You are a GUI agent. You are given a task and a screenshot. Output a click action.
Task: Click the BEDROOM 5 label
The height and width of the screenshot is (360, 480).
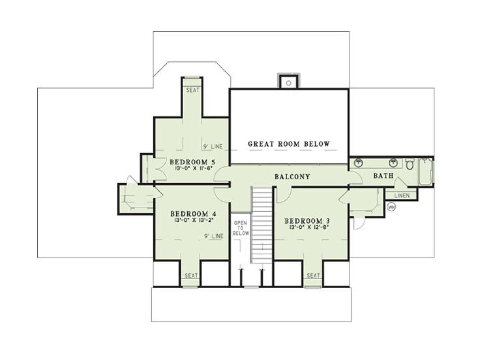(x=192, y=162)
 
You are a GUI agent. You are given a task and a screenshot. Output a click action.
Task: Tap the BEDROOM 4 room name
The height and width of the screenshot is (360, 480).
(x=193, y=214)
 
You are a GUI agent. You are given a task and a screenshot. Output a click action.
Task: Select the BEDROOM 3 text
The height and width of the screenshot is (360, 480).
(x=307, y=221)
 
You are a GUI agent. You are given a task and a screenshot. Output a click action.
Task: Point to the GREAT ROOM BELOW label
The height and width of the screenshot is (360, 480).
(x=289, y=144)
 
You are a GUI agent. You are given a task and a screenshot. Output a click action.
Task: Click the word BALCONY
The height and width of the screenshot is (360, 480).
(x=292, y=177)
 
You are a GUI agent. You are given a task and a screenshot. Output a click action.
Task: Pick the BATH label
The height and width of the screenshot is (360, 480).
(x=383, y=175)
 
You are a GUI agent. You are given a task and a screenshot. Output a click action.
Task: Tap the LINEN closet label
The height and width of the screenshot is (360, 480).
(x=402, y=195)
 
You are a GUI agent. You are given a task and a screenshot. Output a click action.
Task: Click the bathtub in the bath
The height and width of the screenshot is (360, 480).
(x=426, y=172)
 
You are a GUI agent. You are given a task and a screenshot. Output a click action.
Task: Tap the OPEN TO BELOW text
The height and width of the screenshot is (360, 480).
(x=241, y=228)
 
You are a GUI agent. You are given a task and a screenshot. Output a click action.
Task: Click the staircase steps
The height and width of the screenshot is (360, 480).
(x=262, y=225)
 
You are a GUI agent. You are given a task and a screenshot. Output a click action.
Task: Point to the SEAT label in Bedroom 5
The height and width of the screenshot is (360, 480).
(x=193, y=90)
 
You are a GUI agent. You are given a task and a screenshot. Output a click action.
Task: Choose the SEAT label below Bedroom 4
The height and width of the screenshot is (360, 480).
(x=191, y=276)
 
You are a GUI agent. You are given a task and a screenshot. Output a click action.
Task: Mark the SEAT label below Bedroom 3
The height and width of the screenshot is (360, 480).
(x=313, y=276)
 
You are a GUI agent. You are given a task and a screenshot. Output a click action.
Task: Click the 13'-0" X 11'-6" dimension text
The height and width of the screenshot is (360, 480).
(x=194, y=169)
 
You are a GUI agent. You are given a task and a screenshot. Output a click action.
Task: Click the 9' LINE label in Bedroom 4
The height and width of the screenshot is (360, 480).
(x=214, y=236)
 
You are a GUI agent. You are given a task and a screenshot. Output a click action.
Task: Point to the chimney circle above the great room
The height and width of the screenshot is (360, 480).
(x=288, y=83)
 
